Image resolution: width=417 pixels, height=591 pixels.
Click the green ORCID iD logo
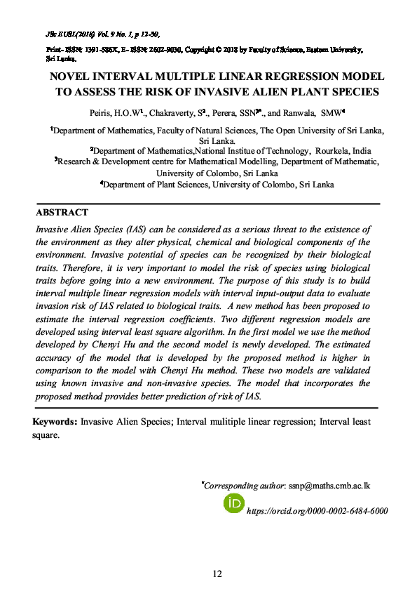[233, 503]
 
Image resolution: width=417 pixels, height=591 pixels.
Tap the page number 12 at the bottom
[217, 573]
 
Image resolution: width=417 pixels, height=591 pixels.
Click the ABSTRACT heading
[62, 213]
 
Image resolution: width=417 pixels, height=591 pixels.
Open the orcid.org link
[317, 512]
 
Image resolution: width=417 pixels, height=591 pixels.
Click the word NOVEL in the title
[68, 77]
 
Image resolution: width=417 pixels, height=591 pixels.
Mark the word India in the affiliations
[362, 151]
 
